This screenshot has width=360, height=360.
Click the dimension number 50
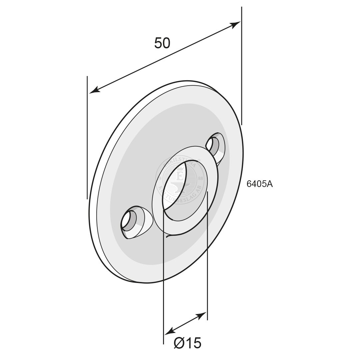coord(162,43)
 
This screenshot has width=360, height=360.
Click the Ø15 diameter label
coord(188,343)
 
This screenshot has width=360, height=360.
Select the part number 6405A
coord(259,184)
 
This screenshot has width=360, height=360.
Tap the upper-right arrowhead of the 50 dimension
coord(235,24)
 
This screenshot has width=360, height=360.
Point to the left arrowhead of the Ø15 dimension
coord(170,331)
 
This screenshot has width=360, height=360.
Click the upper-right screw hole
coord(213,144)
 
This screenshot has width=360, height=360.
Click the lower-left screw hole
coord(129,220)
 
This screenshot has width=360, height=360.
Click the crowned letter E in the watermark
coord(180,177)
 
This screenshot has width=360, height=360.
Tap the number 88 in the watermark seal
coord(200,179)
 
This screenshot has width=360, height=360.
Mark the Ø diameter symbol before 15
coord(179,343)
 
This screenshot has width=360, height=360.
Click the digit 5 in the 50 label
coord(158,43)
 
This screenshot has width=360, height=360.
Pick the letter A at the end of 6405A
coord(270,184)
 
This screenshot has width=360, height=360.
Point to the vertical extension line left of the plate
coord(87,137)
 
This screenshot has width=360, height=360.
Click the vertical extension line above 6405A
coord(241,67)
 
